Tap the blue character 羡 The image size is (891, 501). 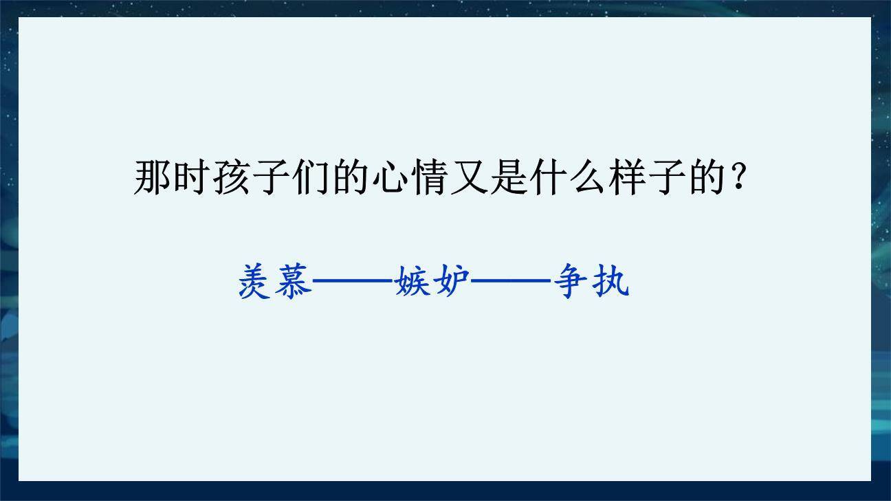click(x=256, y=281)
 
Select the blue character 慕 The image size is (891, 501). click(x=293, y=281)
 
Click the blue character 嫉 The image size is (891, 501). click(x=412, y=281)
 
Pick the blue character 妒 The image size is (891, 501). click(x=451, y=281)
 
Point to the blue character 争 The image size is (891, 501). click(x=572, y=281)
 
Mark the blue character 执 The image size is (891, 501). click(x=610, y=281)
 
